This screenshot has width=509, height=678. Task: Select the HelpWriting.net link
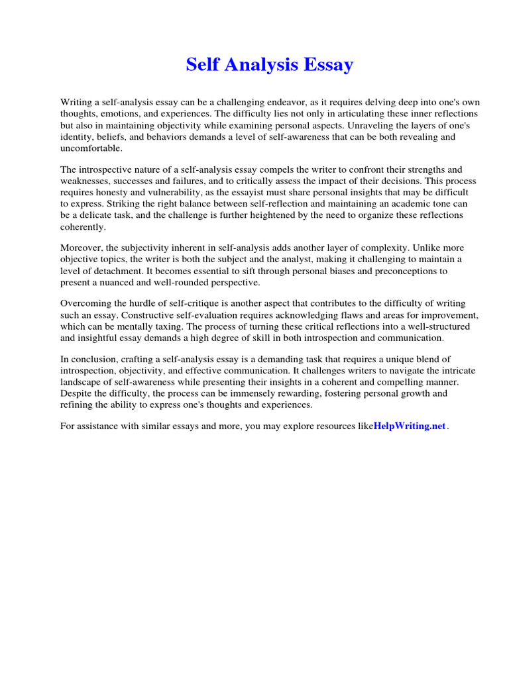tap(410, 426)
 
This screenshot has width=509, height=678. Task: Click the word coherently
tap(83, 226)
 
